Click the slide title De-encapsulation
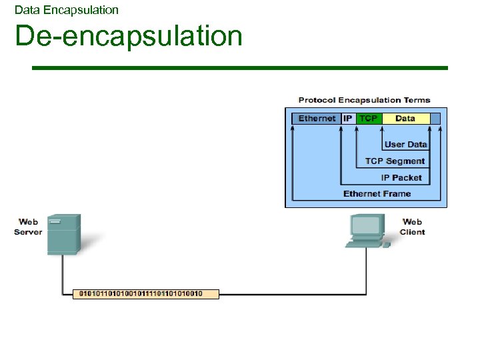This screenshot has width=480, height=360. [129, 36]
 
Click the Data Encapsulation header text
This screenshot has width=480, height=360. [66, 10]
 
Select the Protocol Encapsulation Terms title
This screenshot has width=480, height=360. [364, 100]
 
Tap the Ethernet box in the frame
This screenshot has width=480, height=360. [317, 119]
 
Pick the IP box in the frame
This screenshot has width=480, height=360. [348, 119]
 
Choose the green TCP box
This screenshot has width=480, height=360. [368, 119]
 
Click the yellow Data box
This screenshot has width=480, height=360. [405, 119]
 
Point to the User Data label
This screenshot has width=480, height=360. [405, 144]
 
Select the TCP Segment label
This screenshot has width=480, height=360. [395, 161]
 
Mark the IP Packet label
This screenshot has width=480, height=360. [401, 177]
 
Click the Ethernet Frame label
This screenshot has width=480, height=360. [377, 193]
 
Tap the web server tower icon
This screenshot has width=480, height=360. [64, 234]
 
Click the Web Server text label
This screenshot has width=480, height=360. [28, 227]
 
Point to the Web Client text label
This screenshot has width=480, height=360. [412, 227]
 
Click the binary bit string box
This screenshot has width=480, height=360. [145, 293]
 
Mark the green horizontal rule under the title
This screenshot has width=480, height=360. [240, 68]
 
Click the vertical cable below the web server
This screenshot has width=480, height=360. [63, 273]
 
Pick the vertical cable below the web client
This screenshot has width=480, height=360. [366, 270]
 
